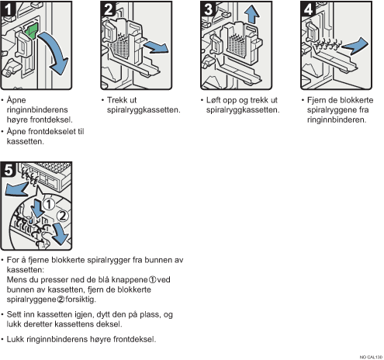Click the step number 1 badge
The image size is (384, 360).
[x=8, y=9]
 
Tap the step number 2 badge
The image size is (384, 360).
[x=108, y=9]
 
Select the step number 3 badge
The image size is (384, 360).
[x=208, y=9]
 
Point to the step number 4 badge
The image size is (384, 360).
[x=308, y=9]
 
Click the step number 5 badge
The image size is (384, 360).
[x=9, y=170]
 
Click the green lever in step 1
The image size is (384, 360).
[x=32, y=31]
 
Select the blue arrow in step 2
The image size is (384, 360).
[x=156, y=48]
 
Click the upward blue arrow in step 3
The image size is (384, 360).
[x=251, y=15]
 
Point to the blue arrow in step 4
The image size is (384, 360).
[x=355, y=46]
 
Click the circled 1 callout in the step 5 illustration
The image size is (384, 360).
[x=49, y=204]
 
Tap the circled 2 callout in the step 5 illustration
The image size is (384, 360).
[x=62, y=216]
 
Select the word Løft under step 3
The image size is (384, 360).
[x=213, y=100]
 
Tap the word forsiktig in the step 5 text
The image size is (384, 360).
[x=81, y=299]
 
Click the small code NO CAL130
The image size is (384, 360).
[x=371, y=357]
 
